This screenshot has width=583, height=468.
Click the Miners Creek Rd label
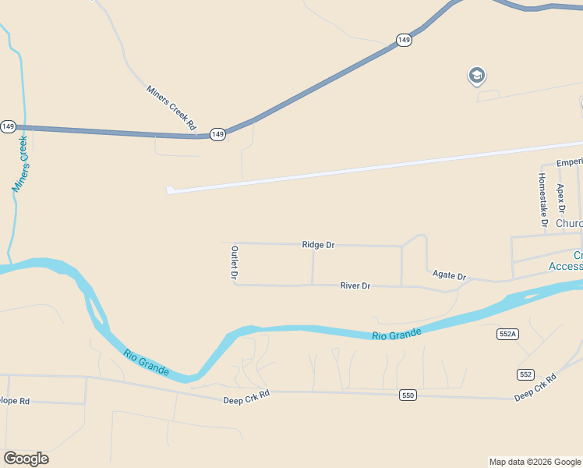click(x=171, y=108)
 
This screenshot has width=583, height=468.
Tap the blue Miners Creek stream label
click(x=21, y=165)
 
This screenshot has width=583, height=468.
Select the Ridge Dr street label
click(x=318, y=245)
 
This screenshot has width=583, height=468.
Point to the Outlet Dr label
click(x=234, y=262)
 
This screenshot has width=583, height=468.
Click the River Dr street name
click(x=355, y=286)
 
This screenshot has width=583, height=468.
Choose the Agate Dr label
click(x=449, y=276)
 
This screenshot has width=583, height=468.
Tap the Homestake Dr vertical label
click(x=542, y=201)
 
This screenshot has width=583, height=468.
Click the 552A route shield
click(x=507, y=334)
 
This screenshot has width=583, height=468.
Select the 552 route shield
click(x=526, y=374)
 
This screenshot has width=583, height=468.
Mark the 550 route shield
click(x=408, y=395)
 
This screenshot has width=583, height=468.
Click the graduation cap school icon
click(x=476, y=76)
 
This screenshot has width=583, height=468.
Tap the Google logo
click(x=26, y=459)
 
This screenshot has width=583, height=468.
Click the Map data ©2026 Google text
click(x=535, y=462)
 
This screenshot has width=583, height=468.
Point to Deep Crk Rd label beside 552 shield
click(x=535, y=388)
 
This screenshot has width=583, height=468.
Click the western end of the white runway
click(x=171, y=190)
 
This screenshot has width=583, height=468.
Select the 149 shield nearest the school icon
click(x=404, y=40)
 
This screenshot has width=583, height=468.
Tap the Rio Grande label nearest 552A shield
click(x=396, y=335)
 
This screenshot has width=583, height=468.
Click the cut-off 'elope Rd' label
click(x=15, y=401)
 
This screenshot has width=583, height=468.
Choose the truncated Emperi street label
click(x=569, y=162)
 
